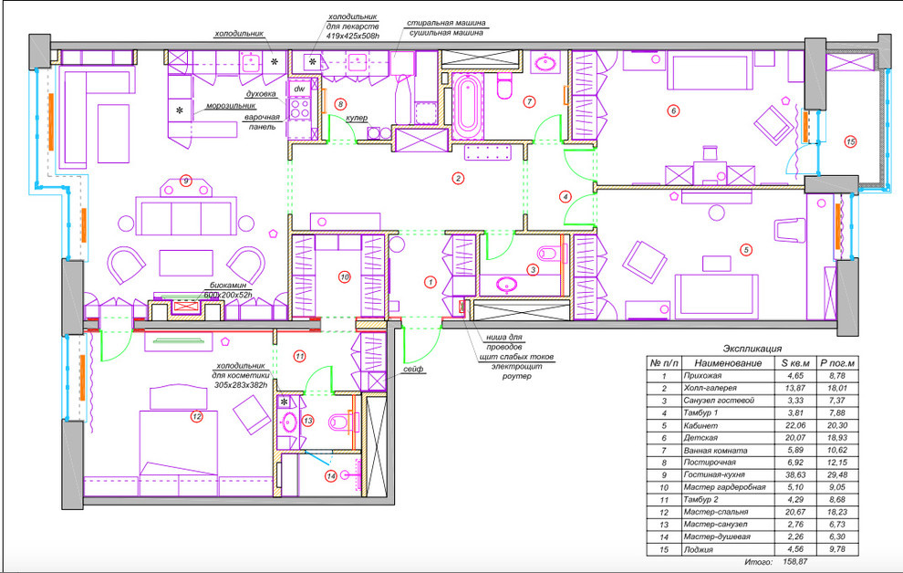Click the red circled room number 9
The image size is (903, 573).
pos(185,180)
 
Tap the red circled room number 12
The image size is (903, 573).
pos(195,417)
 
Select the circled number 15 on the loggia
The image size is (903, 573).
pos(851,141)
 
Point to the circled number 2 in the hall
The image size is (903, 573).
pos(458,178)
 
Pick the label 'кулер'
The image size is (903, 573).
pos(357,119)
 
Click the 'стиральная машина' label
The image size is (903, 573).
pos(446,23)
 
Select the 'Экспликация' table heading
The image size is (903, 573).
pos(752,349)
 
